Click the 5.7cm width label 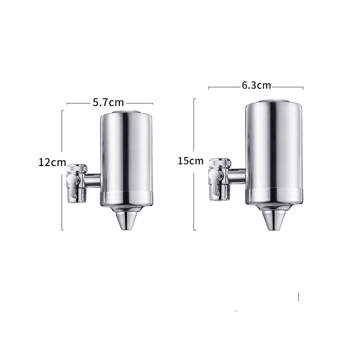coord(108,103)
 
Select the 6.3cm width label coord(256,85)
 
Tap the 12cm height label coord(52,162)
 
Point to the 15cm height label coord(190,161)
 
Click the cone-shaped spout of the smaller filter coord(126,220)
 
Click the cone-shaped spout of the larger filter coord(274,220)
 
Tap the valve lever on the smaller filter coord(73,185)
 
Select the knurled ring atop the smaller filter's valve coord(77,168)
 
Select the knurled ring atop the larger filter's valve coord(220,162)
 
